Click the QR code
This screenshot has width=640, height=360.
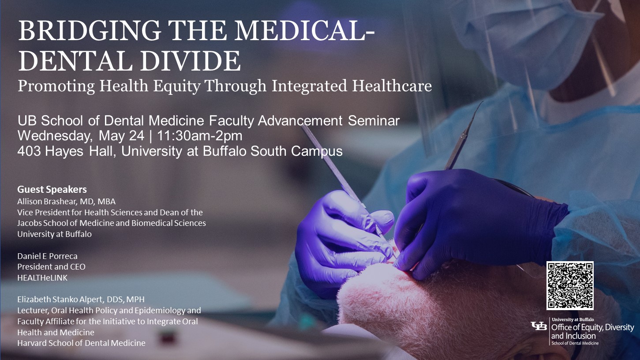(x=570, y=285)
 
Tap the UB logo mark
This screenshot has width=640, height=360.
(x=539, y=326)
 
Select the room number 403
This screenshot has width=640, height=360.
(x=30, y=151)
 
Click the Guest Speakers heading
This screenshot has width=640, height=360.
(x=52, y=190)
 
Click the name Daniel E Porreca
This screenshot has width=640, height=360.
(x=47, y=256)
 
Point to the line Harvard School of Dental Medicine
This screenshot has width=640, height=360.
(x=81, y=343)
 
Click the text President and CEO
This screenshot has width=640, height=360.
(x=51, y=267)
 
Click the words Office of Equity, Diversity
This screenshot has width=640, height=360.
(x=592, y=328)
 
